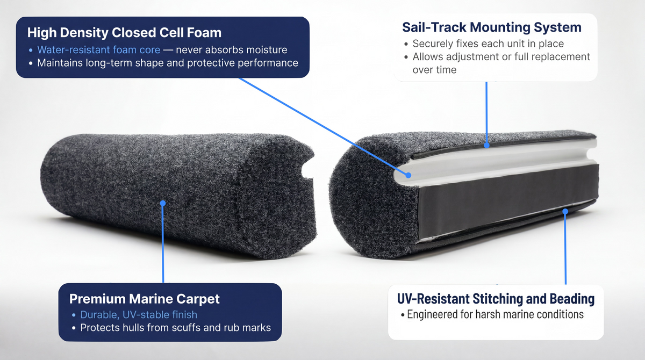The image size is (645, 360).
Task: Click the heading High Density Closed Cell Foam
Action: tap(124, 33)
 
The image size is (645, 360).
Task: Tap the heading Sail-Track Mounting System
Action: tap(492, 27)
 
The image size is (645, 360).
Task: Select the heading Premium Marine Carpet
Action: tap(144, 299)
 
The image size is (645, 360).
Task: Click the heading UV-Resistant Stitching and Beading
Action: tap(496, 299)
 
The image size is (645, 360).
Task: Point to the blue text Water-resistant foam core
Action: tap(99, 50)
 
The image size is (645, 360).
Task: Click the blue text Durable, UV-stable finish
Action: tap(139, 314)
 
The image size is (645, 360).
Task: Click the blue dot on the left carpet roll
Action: tap(163, 203)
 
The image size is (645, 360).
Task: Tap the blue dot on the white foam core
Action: tap(408, 175)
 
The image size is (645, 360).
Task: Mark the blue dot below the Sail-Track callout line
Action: tap(486, 145)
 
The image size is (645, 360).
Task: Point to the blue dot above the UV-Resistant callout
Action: tap(565, 212)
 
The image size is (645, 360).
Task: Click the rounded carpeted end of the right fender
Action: tap(371, 199)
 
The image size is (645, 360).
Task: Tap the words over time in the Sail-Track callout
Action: tap(434, 70)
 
